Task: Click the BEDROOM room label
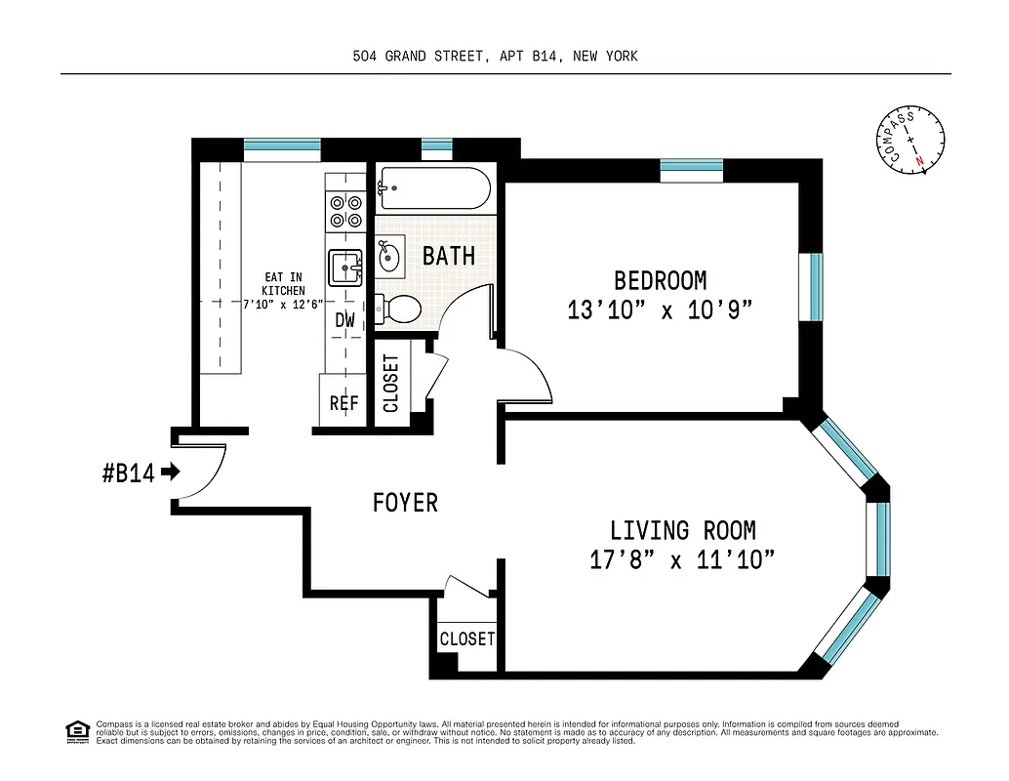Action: (x=660, y=281)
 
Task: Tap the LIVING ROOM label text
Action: (x=682, y=531)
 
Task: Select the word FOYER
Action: (x=405, y=503)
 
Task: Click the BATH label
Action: (x=449, y=256)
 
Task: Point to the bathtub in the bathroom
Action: (x=434, y=187)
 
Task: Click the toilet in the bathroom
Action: (x=400, y=309)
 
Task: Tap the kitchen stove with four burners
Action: (x=345, y=212)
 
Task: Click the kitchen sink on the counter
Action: (x=345, y=267)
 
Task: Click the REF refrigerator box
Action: (x=343, y=402)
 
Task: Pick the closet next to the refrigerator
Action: (x=392, y=383)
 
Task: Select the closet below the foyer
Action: (x=466, y=639)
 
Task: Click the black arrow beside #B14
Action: (x=171, y=473)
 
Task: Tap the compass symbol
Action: (x=910, y=142)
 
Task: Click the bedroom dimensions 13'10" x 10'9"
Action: (x=660, y=310)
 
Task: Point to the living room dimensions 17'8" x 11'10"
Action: (x=682, y=560)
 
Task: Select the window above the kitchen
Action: (x=282, y=149)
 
